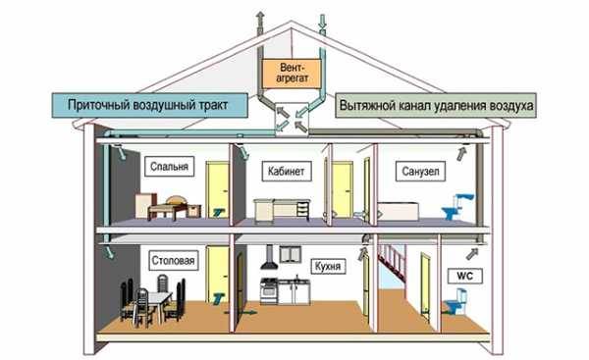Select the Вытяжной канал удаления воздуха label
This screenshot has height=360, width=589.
435,103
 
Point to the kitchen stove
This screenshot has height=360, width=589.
268,291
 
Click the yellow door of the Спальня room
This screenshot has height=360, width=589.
218,186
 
